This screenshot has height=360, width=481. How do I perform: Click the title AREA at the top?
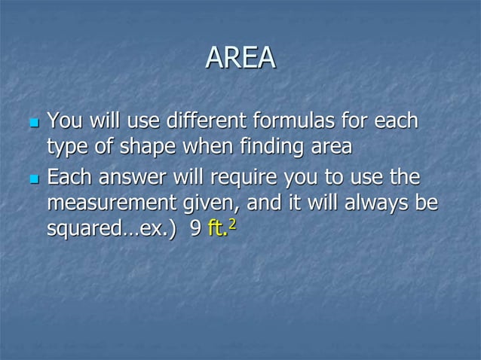tap(240, 58)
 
